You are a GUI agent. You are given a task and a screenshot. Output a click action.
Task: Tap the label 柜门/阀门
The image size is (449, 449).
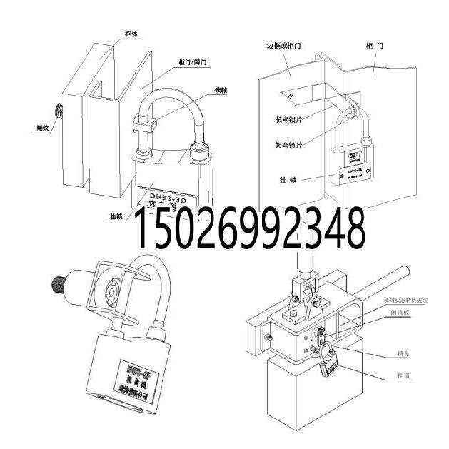click(x=193, y=62)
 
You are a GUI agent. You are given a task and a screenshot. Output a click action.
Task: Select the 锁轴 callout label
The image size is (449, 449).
click(x=221, y=91)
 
